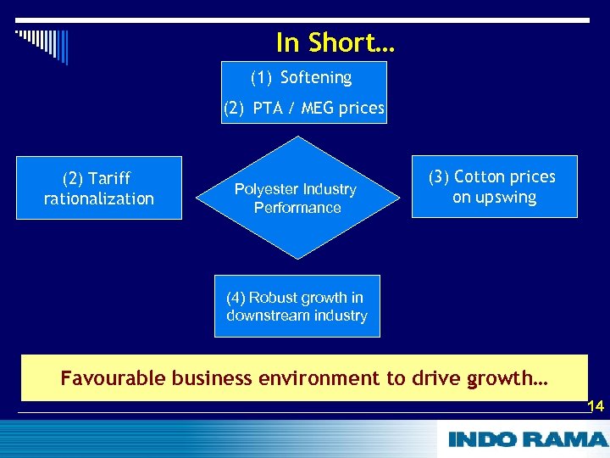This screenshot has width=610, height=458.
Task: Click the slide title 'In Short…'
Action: [x=335, y=42]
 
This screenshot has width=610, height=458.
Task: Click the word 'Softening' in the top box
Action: [x=315, y=78]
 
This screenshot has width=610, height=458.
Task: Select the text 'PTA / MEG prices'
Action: [x=318, y=109]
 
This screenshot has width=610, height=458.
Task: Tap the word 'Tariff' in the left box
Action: [x=109, y=178]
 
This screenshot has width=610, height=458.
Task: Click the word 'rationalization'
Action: [x=98, y=198]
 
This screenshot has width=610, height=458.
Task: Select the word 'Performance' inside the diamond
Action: [x=297, y=208]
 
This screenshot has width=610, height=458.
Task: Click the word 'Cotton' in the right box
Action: [x=480, y=177]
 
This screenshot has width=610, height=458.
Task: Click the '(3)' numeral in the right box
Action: [x=439, y=177]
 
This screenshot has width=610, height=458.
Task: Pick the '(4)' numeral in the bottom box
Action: [x=236, y=298]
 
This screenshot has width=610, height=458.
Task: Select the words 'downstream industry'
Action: [x=297, y=316]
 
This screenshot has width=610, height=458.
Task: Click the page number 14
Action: [x=596, y=407]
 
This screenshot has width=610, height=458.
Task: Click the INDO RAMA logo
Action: [x=527, y=439]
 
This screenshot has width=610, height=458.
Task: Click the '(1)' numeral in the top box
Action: [x=261, y=78]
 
